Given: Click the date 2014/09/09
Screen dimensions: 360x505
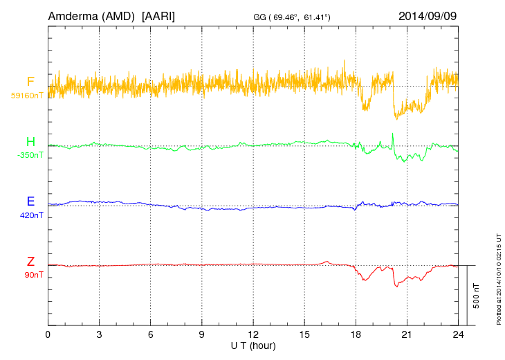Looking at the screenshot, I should [428, 15].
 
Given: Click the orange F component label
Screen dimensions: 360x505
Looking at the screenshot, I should [30, 82].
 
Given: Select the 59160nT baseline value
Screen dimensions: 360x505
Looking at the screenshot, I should [26, 96].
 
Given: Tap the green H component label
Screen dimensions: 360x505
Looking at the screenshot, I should [30, 142].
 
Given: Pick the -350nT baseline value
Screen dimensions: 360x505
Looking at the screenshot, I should [30, 155].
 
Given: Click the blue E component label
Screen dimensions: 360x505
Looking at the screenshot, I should [30, 201].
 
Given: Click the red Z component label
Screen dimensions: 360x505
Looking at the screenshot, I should [30, 262].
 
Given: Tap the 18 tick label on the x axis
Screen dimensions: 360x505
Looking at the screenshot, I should [356, 334].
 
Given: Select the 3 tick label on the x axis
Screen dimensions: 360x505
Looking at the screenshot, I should [99, 334].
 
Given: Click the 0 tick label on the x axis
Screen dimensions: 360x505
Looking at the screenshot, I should [48, 334].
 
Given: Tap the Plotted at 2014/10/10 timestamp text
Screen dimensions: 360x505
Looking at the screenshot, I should [498, 278].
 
